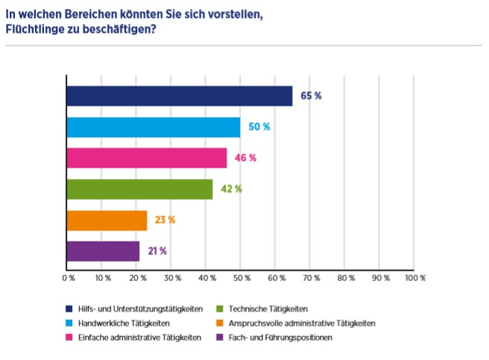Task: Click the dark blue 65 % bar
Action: tap(179, 96)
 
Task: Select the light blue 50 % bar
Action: tap(154, 127)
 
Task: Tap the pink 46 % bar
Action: tap(146, 158)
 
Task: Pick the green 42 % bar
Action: tap(139, 189)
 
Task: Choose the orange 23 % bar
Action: tap(107, 221)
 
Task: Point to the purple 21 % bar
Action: tap(103, 251)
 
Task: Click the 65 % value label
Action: tap(311, 96)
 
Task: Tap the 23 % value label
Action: tap(165, 221)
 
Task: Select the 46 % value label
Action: tap(246, 158)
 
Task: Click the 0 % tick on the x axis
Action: tap(68, 278)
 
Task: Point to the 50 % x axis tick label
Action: tap(242, 278)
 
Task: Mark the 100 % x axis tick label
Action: tap(414, 278)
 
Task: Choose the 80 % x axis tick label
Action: tap(346, 278)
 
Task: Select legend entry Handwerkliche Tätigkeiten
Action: tap(123, 323)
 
